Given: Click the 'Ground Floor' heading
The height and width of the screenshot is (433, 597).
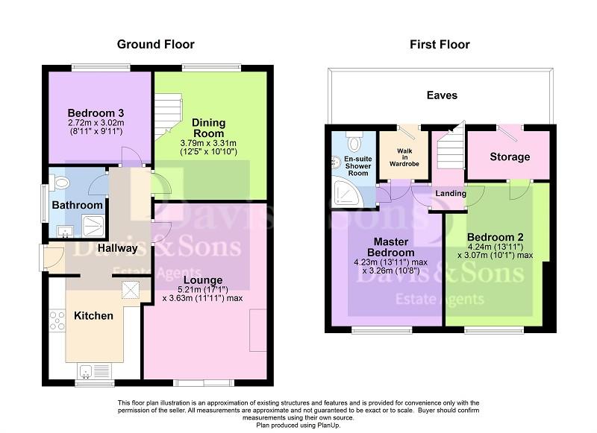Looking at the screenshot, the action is pos(155,45).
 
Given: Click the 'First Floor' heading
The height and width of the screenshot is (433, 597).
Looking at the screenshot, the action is pos(440,45).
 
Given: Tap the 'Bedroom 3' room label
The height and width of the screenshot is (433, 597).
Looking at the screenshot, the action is pos(96,113).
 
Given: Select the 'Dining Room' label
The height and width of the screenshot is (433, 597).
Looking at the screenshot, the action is pos(208,128).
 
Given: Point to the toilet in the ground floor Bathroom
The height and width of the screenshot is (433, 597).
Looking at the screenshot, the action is pos(60,183).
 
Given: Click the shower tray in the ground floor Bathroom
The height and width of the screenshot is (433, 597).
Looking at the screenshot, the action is pos(93,227).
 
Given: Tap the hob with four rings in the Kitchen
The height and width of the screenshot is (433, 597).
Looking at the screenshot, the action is pos(57,320).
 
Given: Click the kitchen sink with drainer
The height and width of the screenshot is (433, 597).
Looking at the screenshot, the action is pos(95,371).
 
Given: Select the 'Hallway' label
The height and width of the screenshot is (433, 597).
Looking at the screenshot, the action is pos(117,248).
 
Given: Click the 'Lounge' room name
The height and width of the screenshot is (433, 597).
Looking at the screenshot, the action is pos(203,280).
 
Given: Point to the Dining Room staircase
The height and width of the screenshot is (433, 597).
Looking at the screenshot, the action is pos(168,116).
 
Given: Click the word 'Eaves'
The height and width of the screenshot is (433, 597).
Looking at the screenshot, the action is pos(442,95).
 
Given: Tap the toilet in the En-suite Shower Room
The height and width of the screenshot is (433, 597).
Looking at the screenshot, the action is pos(354,142).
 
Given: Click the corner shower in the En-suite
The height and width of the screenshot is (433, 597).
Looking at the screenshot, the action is pos(346,194).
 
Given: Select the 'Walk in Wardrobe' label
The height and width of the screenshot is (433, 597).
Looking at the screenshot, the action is pos(404,157).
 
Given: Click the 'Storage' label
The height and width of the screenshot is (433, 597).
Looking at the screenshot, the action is pos(510,157).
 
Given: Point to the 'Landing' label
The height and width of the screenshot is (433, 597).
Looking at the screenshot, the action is pos(451,194).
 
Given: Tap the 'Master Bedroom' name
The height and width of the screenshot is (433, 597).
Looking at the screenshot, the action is pos(390,247).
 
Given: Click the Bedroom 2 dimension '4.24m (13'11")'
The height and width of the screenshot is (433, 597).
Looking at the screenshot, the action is pos(495,247).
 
